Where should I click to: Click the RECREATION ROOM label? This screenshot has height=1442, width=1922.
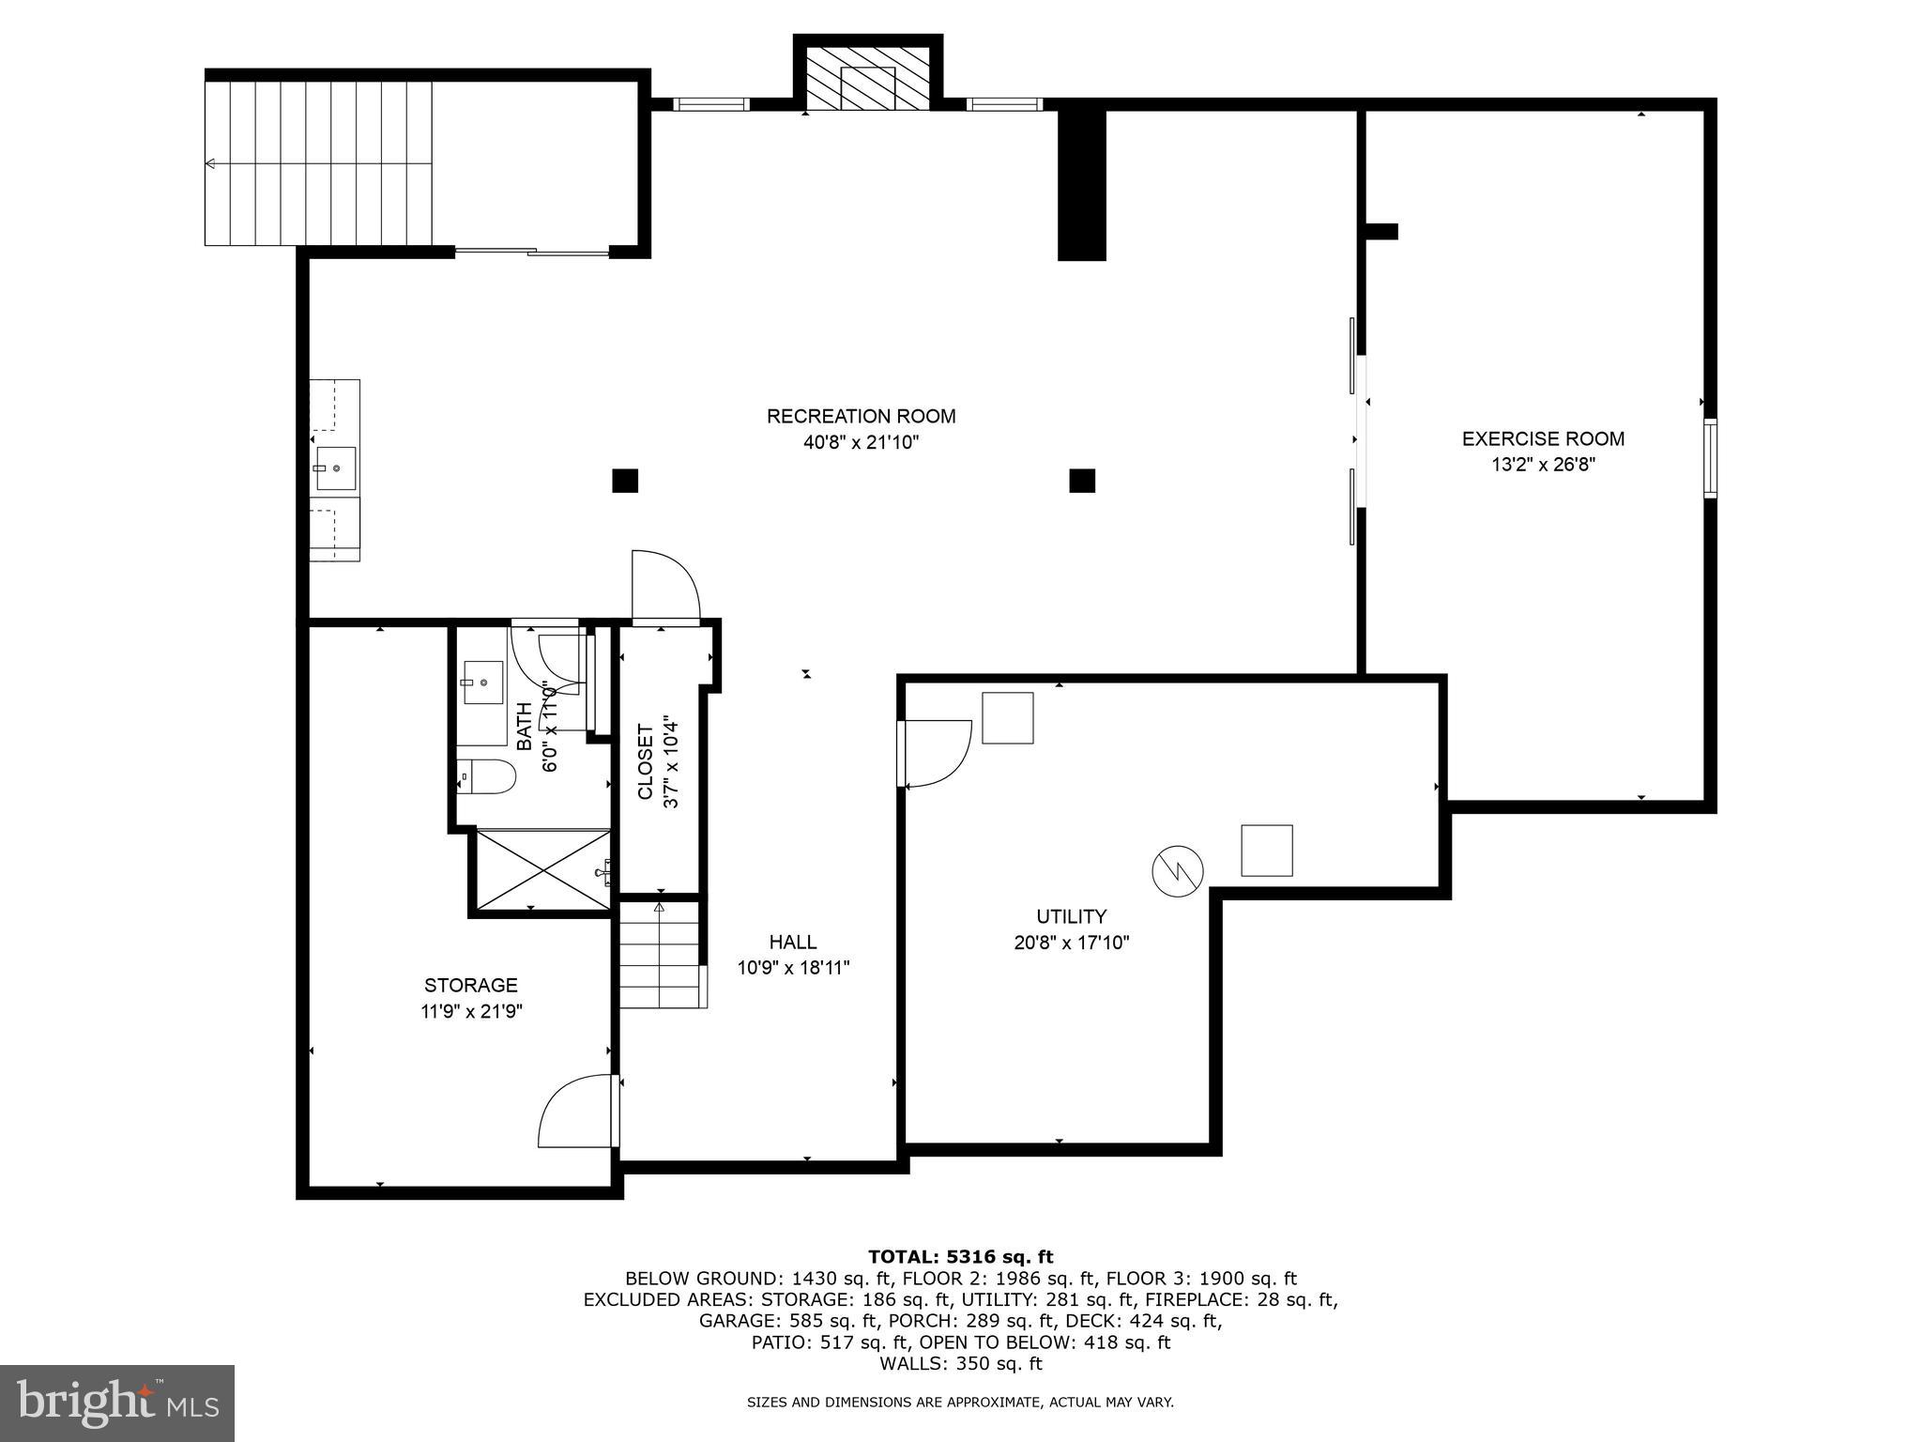pyautogui.click(x=861, y=416)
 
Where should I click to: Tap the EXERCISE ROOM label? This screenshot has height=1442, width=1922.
pyautogui.click(x=1543, y=438)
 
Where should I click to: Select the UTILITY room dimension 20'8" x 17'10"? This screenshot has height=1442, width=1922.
pyautogui.click(x=1071, y=943)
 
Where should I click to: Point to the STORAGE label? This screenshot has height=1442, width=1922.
pyautogui.click(x=470, y=985)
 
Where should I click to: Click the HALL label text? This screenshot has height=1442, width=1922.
pyautogui.click(x=793, y=942)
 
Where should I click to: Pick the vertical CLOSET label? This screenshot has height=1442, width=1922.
pyautogui.click(x=646, y=761)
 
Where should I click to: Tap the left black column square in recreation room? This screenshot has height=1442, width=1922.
pyautogui.click(x=625, y=481)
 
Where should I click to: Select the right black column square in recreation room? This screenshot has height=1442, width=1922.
pyautogui.click(x=1082, y=481)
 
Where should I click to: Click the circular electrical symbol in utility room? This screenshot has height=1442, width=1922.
pyautogui.click(x=1177, y=871)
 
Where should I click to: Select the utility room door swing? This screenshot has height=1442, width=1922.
pyautogui.click(x=936, y=753)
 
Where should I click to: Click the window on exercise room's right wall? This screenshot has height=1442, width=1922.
pyautogui.click(x=1710, y=457)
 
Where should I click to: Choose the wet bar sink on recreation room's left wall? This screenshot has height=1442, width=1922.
pyautogui.click(x=335, y=468)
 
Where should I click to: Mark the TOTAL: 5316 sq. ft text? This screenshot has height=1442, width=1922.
pyautogui.click(x=960, y=1256)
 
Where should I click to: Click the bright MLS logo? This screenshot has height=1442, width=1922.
pyautogui.click(x=117, y=1404)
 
